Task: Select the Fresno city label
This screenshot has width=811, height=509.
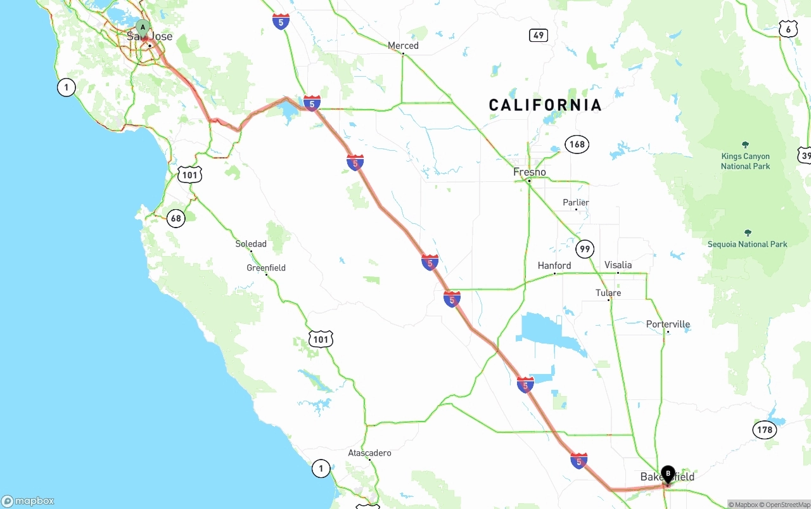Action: click(530, 172)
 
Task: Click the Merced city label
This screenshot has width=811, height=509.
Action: click(403, 46)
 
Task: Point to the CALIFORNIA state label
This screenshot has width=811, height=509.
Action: click(545, 105)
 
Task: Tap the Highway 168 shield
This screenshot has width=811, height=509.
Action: click(577, 145)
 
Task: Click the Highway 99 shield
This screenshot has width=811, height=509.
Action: click(585, 248)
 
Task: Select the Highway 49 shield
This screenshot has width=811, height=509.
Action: click(539, 35)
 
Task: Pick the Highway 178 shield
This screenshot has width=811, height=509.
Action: click(765, 430)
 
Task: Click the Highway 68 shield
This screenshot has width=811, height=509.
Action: click(176, 219)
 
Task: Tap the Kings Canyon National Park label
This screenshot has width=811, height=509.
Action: click(745, 161)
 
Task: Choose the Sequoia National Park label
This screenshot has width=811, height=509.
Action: click(748, 244)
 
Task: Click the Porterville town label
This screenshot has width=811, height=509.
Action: click(668, 325)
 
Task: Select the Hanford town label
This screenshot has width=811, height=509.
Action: click(554, 266)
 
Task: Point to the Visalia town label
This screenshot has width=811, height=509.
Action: click(618, 265)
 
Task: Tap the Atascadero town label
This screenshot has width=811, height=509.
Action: click(369, 453)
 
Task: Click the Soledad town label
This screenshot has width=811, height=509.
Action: click(251, 244)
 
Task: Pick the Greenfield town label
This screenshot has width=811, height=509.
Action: click(266, 268)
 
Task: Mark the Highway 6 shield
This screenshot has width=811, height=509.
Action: click(788, 29)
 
